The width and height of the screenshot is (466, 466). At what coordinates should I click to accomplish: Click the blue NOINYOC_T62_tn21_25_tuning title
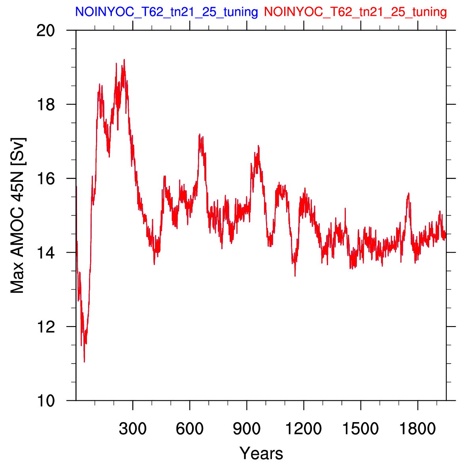tap(166, 12)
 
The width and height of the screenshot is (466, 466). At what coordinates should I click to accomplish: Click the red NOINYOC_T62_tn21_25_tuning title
tap(355, 12)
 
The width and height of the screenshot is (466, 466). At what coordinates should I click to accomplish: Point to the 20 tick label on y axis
tap(46, 30)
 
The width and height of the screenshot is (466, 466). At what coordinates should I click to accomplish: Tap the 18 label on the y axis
tap(46, 105)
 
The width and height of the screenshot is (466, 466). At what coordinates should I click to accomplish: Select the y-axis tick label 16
tap(46, 179)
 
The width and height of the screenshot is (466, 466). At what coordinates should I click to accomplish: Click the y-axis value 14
tap(46, 253)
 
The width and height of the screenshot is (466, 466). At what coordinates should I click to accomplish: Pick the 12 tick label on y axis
tap(46, 326)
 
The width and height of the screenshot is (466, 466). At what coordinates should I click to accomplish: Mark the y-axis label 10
tap(46, 401)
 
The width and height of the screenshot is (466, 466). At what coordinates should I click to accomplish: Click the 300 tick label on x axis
tap(132, 429)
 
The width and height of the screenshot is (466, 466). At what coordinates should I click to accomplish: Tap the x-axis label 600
tap(190, 429)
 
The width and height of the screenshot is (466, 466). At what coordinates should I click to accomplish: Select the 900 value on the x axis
tap(247, 429)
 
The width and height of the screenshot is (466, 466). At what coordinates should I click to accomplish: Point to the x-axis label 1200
tap(304, 429)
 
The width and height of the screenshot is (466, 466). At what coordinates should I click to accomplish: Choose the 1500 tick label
tap(360, 429)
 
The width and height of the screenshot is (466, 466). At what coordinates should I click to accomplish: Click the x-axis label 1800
tap(417, 429)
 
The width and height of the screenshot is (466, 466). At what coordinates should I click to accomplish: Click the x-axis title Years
tap(261, 453)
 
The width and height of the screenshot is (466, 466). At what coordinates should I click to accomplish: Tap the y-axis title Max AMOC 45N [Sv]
tap(17, 215)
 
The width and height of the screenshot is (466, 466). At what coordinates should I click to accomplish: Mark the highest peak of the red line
tap(124, 59)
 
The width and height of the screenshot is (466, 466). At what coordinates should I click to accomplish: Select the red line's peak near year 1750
tap(409, 193)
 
